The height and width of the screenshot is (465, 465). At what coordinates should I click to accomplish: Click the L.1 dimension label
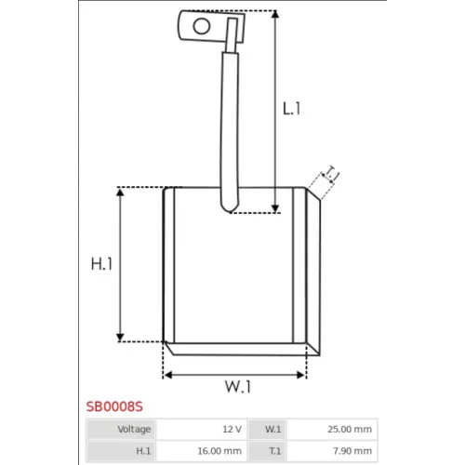pyautogui.click(x=291, y=109)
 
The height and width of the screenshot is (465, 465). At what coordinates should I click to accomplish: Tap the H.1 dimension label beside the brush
pyautogui.click(x=101, y=264)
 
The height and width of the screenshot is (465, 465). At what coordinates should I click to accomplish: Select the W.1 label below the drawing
pyautogui.click(x=238, y=386)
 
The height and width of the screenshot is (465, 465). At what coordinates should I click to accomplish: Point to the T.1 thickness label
pyautogui.click(x=331, y=174)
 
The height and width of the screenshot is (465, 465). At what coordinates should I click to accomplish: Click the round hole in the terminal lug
pyautogui.click(x=202, y=26)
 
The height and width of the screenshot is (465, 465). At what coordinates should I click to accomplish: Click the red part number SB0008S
pyautogui.click(x=114, y=406)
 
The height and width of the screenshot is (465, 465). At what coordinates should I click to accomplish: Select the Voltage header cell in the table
pyautogui.click(x=121, y=430)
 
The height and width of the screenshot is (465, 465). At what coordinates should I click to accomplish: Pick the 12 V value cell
pyautogui.click(x=202, y=430)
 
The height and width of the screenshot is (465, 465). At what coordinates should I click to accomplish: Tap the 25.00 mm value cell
pyautogui.click(x=332, y=430)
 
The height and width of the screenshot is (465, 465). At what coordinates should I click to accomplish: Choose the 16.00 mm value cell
pyautogui.click(x=202, y=451)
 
